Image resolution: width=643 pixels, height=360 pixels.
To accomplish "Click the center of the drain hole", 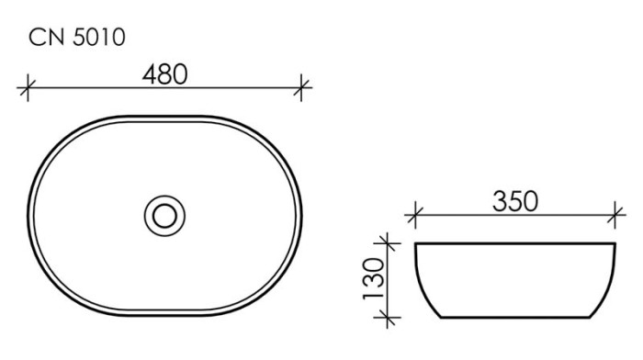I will pos(165,216).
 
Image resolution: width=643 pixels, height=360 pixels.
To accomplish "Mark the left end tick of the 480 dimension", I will pos(28,89).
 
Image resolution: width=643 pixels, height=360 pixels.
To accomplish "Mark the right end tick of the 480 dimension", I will pos(303,89).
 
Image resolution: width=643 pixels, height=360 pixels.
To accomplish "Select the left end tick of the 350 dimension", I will pos(414,217).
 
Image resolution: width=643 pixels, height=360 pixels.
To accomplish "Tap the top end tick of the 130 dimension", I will pos(390,243).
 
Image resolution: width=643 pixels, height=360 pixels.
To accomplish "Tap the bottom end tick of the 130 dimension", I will pos(390,319).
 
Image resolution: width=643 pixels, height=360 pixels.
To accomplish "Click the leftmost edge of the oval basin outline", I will pos(28,216).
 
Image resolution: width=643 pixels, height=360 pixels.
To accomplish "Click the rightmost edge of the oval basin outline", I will pos(302,216).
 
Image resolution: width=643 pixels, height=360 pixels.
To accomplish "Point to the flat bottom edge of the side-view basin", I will pos(513,319).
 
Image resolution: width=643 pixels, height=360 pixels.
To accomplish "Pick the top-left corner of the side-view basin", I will pos(415,244).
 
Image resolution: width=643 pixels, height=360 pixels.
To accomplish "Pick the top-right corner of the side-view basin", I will pos(613,244).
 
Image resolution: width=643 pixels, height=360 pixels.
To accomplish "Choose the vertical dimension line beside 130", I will pos(390,281).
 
